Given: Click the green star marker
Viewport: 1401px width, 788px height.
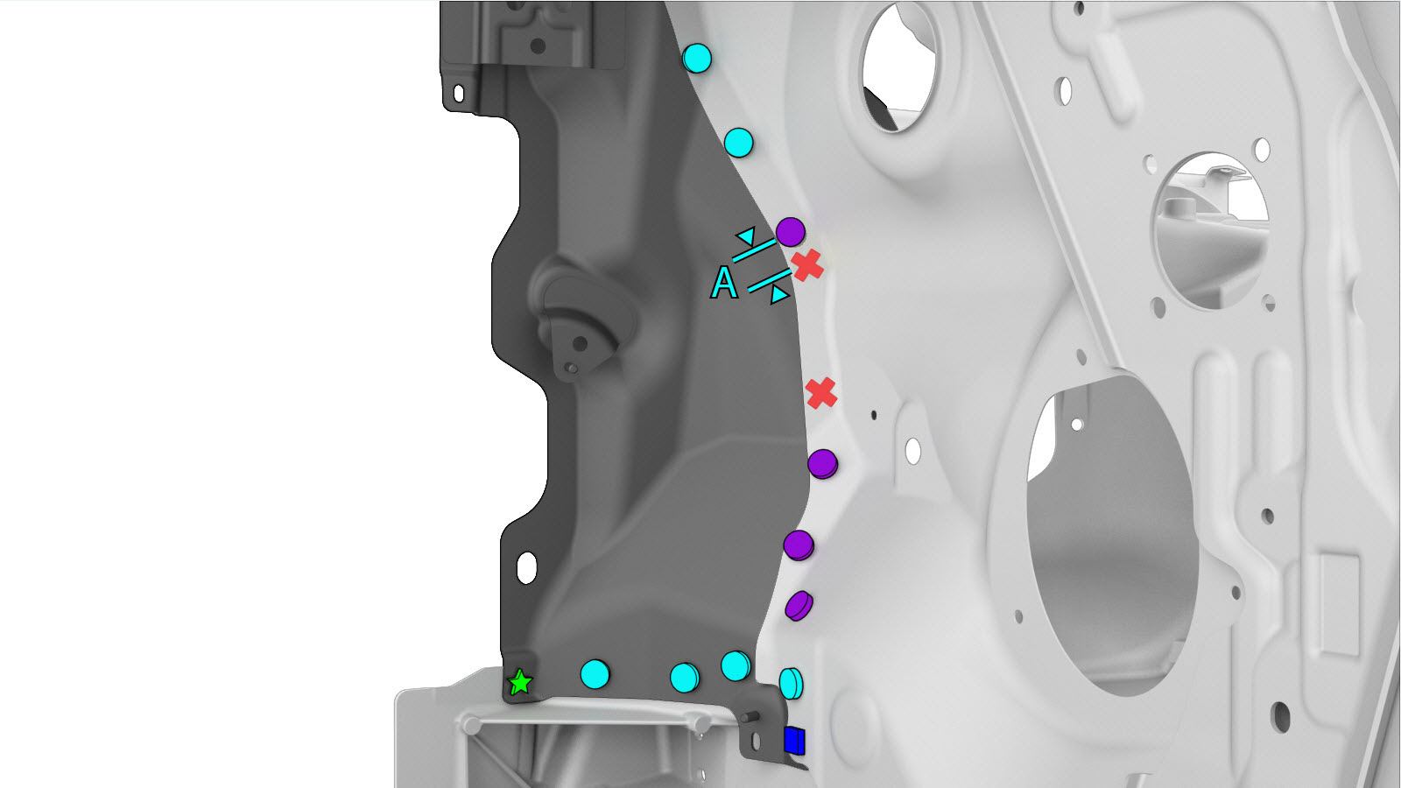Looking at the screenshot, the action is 520,682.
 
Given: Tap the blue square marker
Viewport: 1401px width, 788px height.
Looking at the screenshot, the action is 794,741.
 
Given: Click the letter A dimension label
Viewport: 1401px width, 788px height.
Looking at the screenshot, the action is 724,284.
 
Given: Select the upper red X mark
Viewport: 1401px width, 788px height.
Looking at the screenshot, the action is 807,265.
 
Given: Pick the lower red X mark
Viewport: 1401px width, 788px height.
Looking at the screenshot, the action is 821,393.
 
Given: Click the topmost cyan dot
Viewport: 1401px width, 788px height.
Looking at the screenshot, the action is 697,58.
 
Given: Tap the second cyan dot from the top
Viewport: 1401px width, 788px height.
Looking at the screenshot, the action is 739,144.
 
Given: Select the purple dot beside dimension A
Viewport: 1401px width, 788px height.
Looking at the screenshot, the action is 791,232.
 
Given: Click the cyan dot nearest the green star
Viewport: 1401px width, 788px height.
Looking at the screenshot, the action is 595,674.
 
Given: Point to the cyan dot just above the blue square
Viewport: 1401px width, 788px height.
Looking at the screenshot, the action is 792,683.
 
